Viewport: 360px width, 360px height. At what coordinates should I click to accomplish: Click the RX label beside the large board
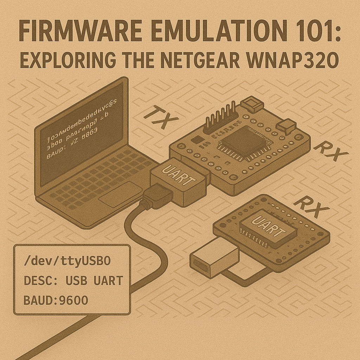point(330,152)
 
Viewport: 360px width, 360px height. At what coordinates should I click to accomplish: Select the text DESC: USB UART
point(73,281)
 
